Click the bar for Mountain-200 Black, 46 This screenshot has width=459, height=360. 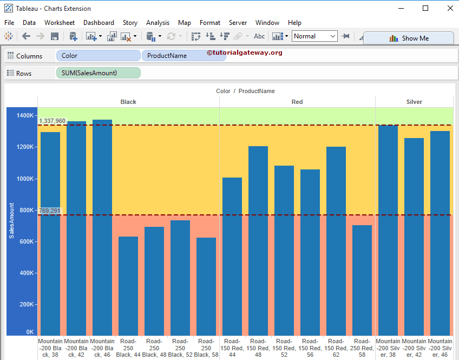point(102,227)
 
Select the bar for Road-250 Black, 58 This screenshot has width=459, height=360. point(206,287)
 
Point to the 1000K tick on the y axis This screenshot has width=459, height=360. point(25,179)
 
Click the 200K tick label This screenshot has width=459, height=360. point(26,305)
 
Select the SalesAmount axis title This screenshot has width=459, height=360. point(11,220)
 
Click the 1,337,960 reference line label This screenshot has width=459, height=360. point(52,121)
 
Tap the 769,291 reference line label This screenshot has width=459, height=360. point(50,211)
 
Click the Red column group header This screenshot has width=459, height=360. point(297,102)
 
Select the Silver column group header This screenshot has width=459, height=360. point(414,102)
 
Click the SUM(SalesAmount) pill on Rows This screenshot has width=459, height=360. point(98,73)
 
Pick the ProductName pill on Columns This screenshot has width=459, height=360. point(183,56)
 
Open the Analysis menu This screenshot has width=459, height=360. point(158,23)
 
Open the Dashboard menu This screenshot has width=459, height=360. point(99,23)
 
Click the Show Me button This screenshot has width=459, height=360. point(409,38)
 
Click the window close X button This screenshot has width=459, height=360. point(450,8)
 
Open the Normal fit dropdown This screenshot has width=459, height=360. point(315,36)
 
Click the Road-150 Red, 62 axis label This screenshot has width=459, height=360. point(336,348)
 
